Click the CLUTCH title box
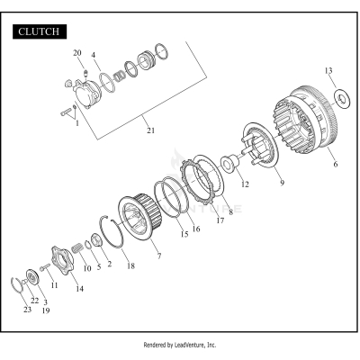coord(40,31)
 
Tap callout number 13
coord(328,71)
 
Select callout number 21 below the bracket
coord(150,130)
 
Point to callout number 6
coord(336,164)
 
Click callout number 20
coord(77,53)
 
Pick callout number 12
coord(245,184)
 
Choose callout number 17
coord(220,220)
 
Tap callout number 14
coord(79,289)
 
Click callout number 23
coord(27,310)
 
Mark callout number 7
coord(159,256)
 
